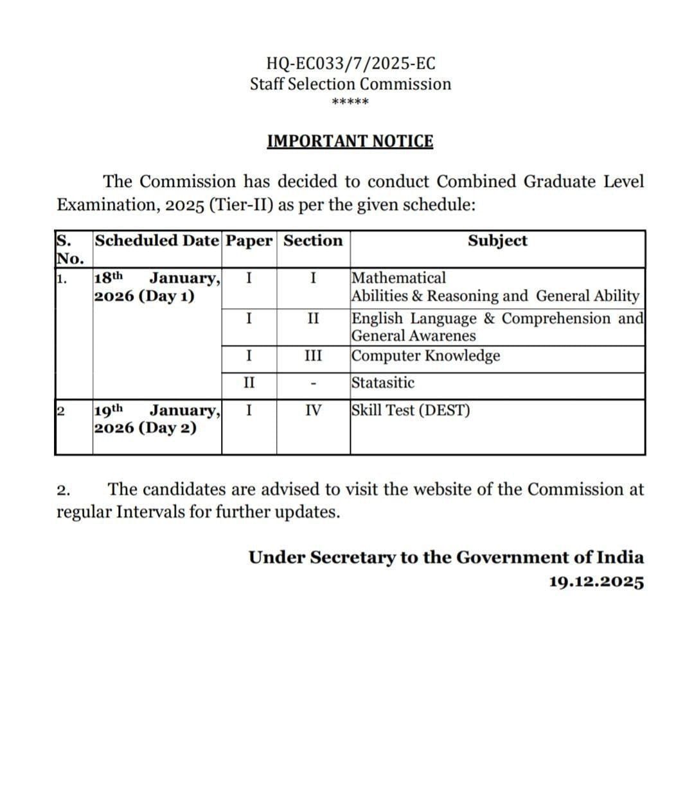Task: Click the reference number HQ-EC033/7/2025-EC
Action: [350, 64]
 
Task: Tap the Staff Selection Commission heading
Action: [350, 84]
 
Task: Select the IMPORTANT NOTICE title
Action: [350, 141]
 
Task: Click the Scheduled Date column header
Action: [157, 241]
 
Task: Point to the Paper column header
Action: [249, 241]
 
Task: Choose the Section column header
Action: [313, 241]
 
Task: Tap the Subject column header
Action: [497, 241]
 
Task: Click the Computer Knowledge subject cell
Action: [426, 356]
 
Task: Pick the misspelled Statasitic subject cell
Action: [383, 383]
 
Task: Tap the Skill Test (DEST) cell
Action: [411, 410]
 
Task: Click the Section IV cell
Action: [313, 410]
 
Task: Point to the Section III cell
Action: [313, 356]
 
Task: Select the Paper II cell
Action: [249, 383]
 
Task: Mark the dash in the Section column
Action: [313, 385]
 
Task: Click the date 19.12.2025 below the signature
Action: [596, 582]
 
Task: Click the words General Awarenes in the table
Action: [414, 336]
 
